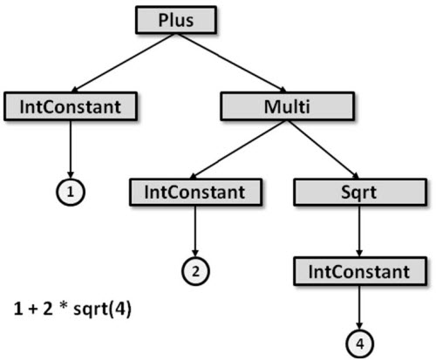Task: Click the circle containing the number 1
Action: pos(70,191)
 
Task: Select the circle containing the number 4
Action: pos(360,341)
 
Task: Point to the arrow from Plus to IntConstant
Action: pos(122,63)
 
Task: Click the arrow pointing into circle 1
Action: pos(70,148)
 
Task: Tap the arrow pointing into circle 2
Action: pos(196,231)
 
